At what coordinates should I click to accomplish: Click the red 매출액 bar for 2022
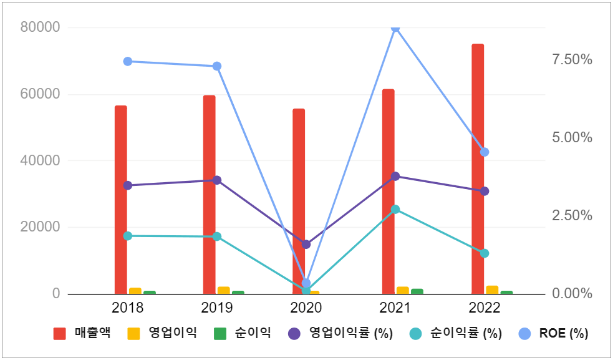478,168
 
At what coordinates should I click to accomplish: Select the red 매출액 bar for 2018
120,200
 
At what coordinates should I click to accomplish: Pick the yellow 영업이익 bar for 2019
223,290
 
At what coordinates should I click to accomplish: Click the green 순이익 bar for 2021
417,291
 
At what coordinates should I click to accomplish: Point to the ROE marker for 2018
127,61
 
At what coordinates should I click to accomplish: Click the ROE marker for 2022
485,152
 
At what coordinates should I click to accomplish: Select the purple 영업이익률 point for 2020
306,244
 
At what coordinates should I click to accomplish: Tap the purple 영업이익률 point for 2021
395,176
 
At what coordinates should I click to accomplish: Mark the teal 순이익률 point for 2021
395,209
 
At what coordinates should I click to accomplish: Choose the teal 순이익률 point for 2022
485,253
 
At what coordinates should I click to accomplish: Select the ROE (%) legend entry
554,333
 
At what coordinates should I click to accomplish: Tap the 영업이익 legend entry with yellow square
162,333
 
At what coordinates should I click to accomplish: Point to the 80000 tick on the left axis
40,27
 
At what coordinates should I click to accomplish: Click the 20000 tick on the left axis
40,227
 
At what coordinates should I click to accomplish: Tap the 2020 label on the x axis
306,308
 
